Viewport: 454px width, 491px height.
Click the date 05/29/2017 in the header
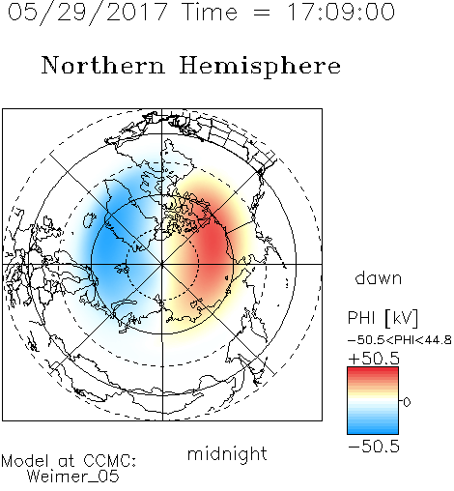click(x=87, y=13)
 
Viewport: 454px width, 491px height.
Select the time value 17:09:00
click(x=341, y=12)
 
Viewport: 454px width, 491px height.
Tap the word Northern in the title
click(x=103, y=65)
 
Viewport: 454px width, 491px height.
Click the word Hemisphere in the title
click(x=260, y=67)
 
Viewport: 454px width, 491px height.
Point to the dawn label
click(x=379, y=278)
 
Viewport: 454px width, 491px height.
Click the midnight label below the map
click(x=227, y=453)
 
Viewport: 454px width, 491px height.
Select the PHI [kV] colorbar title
click(x=383, y=318)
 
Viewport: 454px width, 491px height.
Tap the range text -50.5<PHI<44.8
click(x=400, y=340)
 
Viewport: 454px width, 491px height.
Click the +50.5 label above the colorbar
click(x=374, y=359)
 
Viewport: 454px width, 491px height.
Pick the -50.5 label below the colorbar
click(x=374, y=447)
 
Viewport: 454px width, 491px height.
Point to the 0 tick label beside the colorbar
click(x=407, y=402)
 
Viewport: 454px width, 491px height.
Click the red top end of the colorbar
click(x=373, y=370)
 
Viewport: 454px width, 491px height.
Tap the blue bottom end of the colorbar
click(x=373, y=431)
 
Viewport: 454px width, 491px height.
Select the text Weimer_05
click(x=73, y=477)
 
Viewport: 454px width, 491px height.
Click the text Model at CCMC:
click(x=69, y=461)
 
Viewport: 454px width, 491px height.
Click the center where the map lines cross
click(x=162, y=264)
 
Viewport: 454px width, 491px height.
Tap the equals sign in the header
click(x=262, y=13)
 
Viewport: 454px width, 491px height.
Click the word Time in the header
click(x=210, y=12)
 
